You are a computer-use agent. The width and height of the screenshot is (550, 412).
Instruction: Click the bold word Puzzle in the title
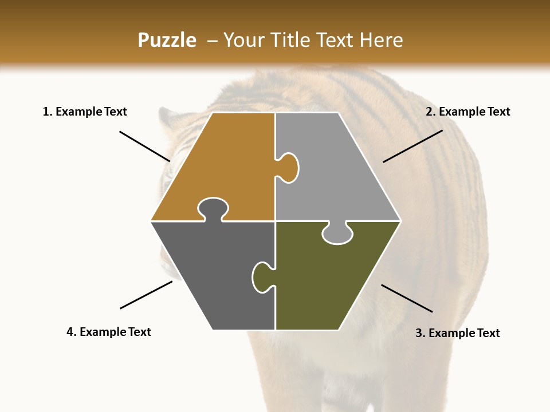coord(167,40)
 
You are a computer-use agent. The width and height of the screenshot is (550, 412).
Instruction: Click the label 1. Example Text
coord(85,112)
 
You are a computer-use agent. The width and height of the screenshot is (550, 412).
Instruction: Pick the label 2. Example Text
coord(467,112)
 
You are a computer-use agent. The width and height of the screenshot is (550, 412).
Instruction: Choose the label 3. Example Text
coord(457,333)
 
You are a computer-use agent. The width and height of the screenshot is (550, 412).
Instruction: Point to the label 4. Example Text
coord(109,332)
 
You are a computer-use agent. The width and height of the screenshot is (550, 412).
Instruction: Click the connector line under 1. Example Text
coord(144,146)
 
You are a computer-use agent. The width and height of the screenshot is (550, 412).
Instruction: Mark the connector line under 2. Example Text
coord(412,146)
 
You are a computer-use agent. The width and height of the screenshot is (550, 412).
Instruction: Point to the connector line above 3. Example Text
coord(407,298)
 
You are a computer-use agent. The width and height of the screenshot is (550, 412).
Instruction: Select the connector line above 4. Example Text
coord(146,295)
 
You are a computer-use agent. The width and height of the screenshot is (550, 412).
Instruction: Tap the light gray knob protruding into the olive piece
coord(337,235)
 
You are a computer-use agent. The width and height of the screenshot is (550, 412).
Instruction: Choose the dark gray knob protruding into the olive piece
coord(261,277)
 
